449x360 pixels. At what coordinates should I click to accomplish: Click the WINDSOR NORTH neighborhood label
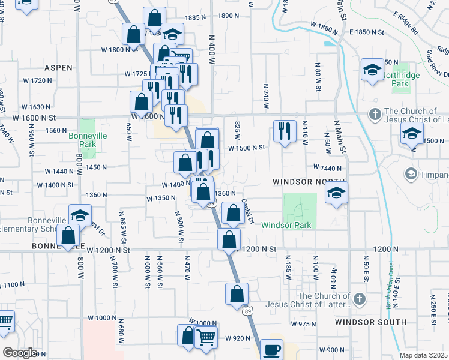click(309, 181)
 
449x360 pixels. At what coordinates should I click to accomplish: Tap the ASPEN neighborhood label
click(58, 68)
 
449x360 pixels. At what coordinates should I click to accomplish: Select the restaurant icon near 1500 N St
click(285, 131)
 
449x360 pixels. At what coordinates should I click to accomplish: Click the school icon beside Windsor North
click(336, 193)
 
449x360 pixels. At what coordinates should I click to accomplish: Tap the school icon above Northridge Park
click(372, 70)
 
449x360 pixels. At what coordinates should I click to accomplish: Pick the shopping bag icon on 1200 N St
click(229, 239)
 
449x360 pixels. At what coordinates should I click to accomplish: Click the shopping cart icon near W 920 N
click(206, 338)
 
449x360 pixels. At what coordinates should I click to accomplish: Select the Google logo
click(19, 353)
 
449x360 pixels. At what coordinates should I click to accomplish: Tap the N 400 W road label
click(212, 53)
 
